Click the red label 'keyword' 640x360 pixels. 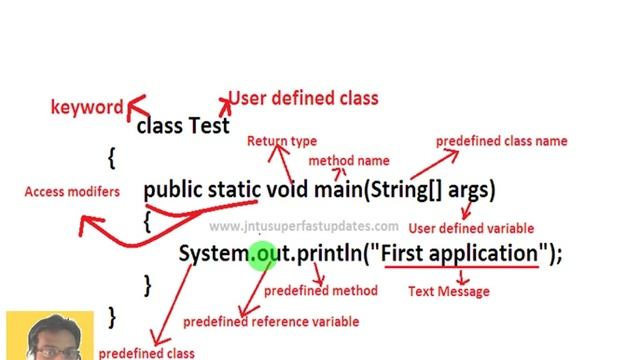point(87,107)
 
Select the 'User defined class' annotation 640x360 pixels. point(304,98)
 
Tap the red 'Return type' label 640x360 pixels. point(282,141)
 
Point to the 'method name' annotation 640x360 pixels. point(349,160)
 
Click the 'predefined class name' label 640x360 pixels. point(501,141)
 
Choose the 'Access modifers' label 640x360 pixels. point(72,191)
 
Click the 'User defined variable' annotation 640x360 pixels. point(471,228)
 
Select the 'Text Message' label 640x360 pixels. point(449,291)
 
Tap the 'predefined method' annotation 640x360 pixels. point(320,290)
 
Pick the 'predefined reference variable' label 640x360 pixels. point(270,321)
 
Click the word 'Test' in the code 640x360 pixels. point(209,126)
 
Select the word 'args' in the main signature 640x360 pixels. point(471,189)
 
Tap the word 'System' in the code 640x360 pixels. point(212,254)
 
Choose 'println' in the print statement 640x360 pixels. point(328,254)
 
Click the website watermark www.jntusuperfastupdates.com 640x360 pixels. point(304,227)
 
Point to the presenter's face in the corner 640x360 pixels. point(47,338)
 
